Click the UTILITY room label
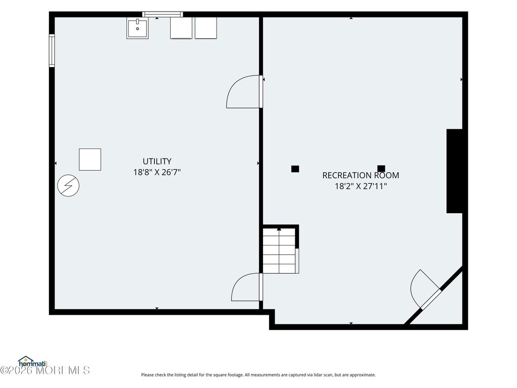coord(157,161)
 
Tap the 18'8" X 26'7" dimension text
coord(157,172)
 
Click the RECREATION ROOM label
coord(360,175)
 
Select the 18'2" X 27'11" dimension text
coord(360,186)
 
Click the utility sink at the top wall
coord(137,28)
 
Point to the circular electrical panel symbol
coord(68,186)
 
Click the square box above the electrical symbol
coord(90,160)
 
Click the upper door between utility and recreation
coord(244,92)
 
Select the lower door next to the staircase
coord(247,287)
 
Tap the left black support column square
coord(295,169)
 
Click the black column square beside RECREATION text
coord(381,169)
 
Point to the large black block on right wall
coord(454,171)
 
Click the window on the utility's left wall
coord(52,51)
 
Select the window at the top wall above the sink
coord(163,14)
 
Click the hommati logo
coord(33,362)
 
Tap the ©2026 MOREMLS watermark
coord(45,370)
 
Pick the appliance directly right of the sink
coord(181,28)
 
